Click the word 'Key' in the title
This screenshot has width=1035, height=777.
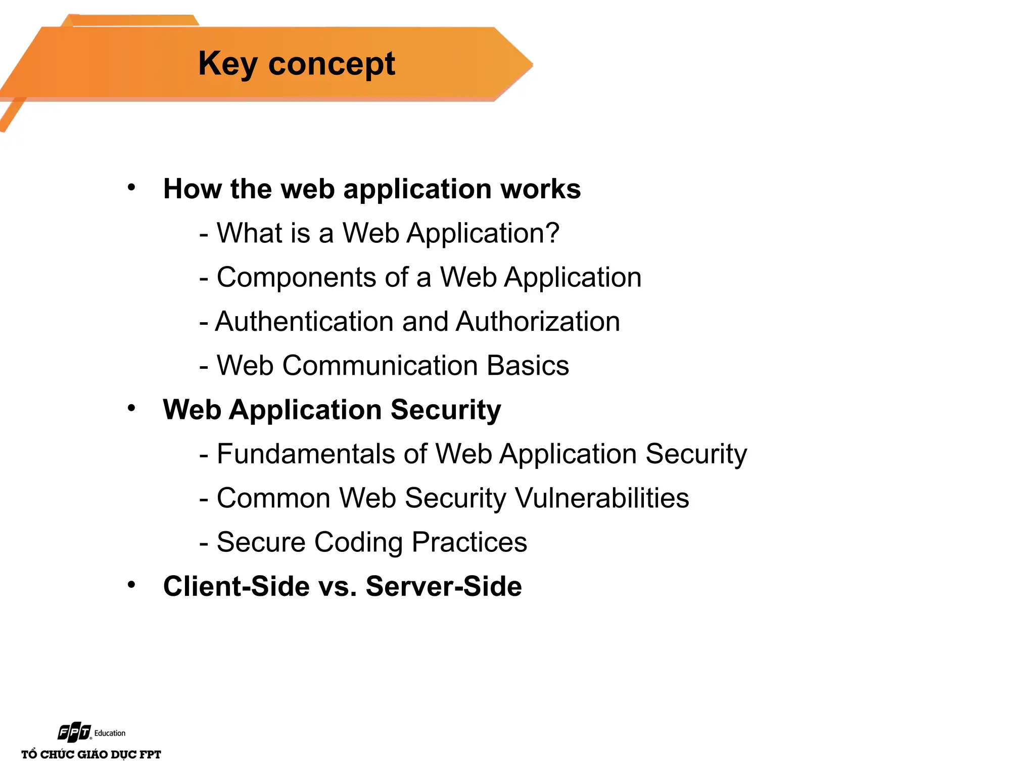[227, 64]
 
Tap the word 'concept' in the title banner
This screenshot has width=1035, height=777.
[332, 64]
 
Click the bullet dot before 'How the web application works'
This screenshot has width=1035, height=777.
[132, 188]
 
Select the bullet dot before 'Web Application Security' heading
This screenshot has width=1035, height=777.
[132, 408]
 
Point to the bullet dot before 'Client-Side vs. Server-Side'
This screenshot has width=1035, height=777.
[132, 585]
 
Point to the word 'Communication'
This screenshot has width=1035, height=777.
[380, 365]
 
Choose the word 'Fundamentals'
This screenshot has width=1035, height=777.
[305, 454]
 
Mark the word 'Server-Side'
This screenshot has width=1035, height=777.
[443, 586]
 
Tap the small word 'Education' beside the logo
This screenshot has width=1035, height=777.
[110, 733]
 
